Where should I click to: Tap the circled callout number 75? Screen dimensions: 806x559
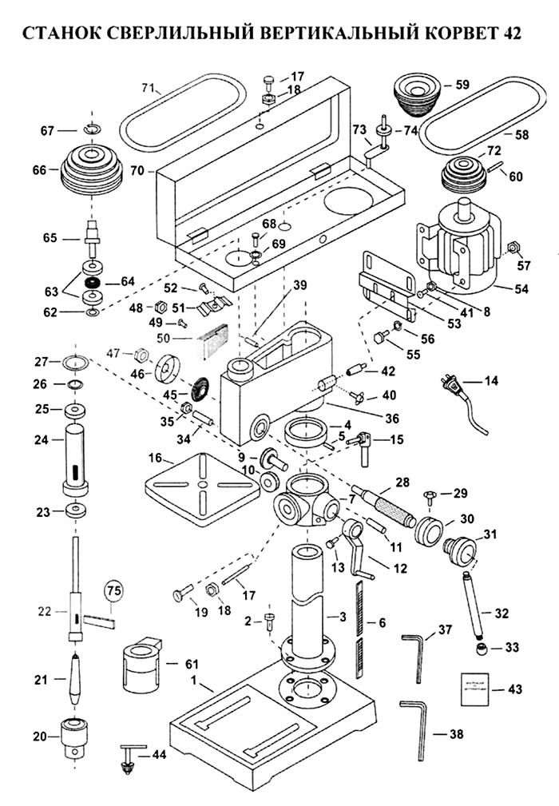point(115,592)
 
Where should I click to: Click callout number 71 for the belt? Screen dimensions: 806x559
point(147,87)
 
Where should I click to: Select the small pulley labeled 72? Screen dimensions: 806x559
point(464,175)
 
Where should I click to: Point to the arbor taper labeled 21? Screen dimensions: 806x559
point(75,676)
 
